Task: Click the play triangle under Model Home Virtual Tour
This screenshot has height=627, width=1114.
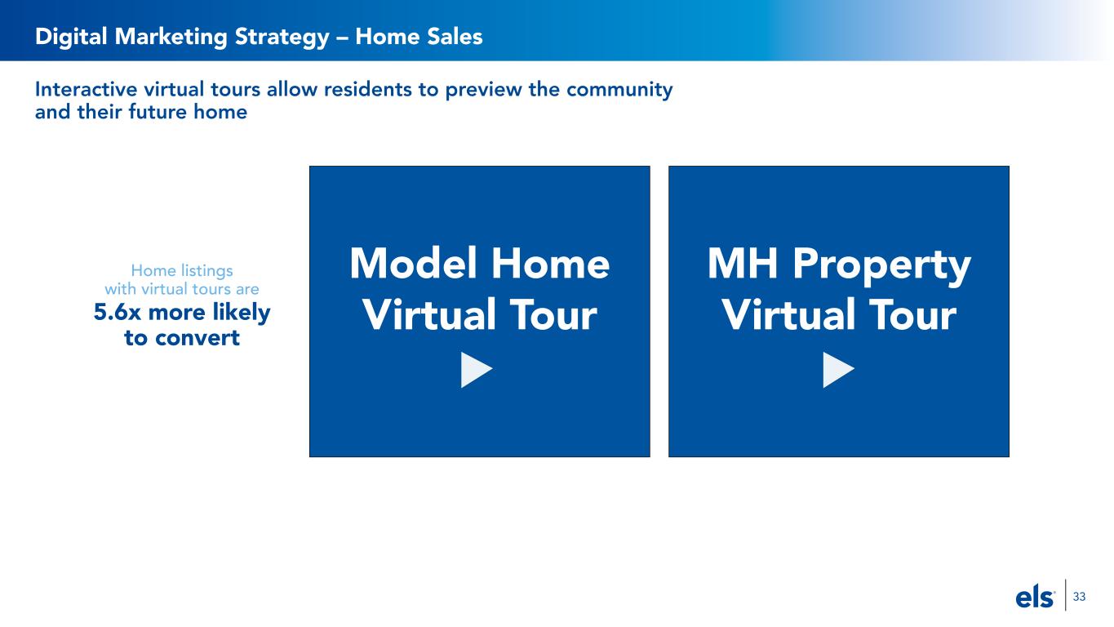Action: (475, 370)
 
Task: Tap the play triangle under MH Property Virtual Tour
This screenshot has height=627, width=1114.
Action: (837, 370)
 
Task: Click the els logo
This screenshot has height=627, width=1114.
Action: (1035, 597)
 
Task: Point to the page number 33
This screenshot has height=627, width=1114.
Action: (1079, 597)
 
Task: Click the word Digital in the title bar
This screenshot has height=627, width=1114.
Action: (71, 37)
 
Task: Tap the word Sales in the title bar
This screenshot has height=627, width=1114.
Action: (453, 36)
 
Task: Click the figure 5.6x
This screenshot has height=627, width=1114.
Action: (118, 313)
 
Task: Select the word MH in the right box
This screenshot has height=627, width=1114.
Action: (742, 263)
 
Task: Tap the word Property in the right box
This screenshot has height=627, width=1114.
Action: (881, 267)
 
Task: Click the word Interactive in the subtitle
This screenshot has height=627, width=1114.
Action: (86, 90)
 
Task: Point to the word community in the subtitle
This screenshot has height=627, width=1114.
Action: (619, 91)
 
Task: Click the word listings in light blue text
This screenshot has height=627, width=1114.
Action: (207, 271)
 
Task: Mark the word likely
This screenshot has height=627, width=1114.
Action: (242, 313)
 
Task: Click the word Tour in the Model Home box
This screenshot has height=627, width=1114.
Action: (553, 315)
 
